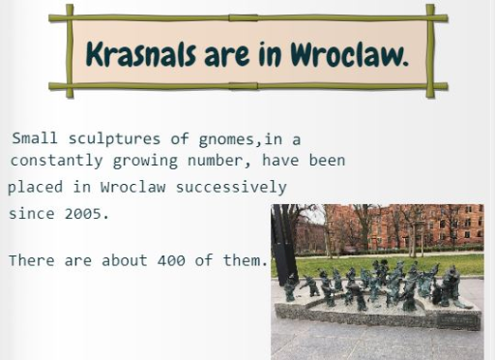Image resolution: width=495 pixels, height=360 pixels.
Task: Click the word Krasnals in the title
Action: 141,54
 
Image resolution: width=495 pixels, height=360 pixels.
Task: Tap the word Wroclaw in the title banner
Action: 349,54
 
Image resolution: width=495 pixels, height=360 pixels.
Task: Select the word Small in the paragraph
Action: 35,138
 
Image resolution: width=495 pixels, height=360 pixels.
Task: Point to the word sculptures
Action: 114,139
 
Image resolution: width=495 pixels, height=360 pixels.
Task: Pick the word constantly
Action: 57,161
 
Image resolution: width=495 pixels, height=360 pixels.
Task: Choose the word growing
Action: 145,161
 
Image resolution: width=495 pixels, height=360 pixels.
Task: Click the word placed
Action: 35,188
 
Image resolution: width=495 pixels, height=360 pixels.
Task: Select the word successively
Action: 231,188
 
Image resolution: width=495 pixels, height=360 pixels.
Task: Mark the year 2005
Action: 87,214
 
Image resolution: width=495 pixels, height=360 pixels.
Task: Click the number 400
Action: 171,260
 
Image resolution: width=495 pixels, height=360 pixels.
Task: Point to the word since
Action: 32,213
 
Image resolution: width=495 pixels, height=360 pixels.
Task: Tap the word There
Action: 32,260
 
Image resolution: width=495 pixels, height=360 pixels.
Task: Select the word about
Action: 125,260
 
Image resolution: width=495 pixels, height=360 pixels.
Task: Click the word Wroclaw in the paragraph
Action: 133,187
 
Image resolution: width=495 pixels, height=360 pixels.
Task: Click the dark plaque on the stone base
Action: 458,321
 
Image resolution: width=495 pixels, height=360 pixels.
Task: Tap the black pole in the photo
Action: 284,245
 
